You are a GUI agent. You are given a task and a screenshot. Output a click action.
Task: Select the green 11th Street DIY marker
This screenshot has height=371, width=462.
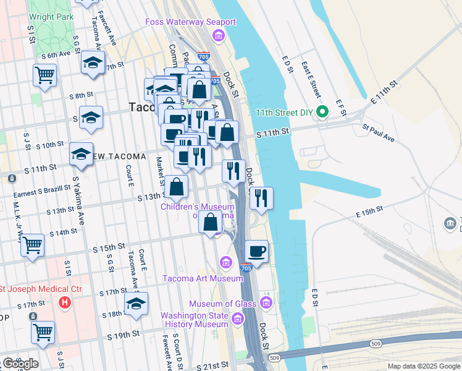coord(321,113)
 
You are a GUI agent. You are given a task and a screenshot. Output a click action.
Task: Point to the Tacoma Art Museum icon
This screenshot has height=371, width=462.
coord(226,263)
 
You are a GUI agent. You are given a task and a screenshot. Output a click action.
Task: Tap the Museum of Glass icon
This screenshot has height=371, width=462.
coord(266,303)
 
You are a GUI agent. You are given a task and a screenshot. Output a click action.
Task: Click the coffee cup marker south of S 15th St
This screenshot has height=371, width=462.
coord(257,252)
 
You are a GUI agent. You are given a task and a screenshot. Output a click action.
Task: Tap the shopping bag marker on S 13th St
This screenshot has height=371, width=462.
coord(177,186)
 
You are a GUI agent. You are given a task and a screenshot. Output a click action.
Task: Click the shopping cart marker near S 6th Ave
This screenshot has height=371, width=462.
coord(45,75)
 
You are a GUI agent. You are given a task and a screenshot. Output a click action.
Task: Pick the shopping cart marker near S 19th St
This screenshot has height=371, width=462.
coord(43,332)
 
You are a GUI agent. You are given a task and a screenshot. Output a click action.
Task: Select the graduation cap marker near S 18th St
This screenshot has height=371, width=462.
coord(136,304)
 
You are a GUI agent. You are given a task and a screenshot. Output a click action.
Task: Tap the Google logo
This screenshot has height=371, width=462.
coord(20,363)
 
